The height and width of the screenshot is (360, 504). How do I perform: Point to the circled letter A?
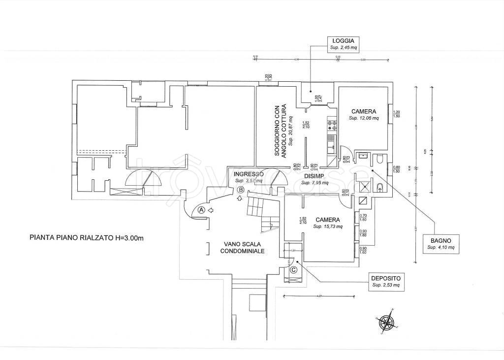201,209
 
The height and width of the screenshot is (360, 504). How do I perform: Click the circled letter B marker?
241,190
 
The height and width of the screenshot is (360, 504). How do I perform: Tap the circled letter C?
294,269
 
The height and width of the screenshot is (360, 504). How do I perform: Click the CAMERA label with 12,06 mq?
364,111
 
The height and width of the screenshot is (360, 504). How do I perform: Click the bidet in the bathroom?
380,187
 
